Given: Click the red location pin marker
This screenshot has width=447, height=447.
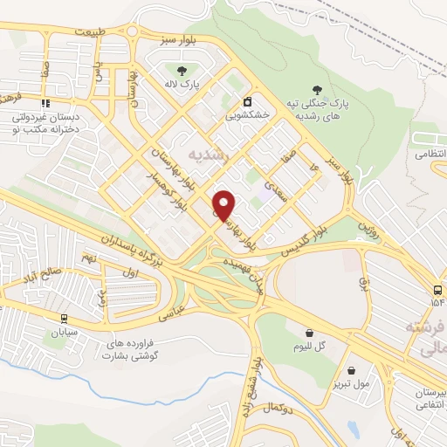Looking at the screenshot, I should click(x=224, y=204).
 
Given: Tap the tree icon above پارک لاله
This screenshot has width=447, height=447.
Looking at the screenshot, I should click(x=182, y=71).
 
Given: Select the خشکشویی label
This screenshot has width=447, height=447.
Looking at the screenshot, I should click(x=247, y=114).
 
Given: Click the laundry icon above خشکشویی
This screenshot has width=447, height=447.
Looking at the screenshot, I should click(x=248, y=100).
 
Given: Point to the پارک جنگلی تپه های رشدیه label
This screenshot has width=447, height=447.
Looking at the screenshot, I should click(x=320, y=109).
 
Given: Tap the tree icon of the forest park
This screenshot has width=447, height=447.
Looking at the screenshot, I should click(x=320, y=89).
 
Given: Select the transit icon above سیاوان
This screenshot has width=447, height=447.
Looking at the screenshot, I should click(x=64, y=318).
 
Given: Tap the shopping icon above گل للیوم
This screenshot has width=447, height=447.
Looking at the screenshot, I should click(x=311, y=332).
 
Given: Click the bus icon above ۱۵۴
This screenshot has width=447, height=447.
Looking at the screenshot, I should click(x=437, y=289).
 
